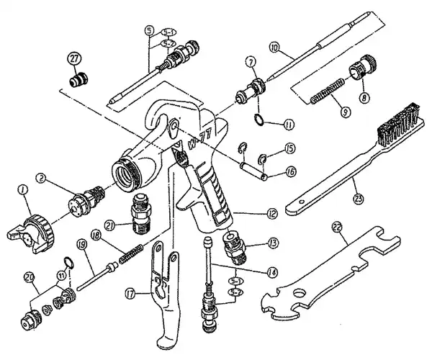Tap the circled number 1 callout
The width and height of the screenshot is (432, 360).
(23, 191)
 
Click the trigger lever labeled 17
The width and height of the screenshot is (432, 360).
(162, 288)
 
